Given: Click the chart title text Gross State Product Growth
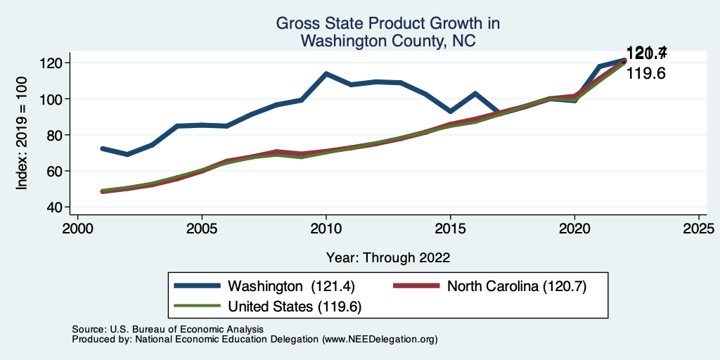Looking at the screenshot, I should point(387,24).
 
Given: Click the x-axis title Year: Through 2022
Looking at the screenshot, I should point(388,257).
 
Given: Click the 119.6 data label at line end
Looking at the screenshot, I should point(646,73).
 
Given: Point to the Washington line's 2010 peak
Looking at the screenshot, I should point(326,73).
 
